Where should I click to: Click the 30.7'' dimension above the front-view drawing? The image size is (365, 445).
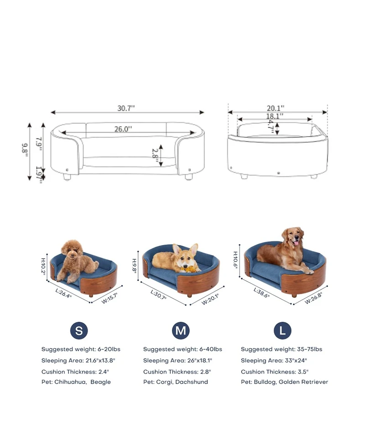pyautogui.click(x=126, y=108)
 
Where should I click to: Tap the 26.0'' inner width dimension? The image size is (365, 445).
pyautogui.click(x=123, y=129)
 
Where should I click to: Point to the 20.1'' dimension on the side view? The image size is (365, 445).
pyautogui.click(x=275, y=108)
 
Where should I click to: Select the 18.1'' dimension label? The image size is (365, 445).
pyautogui.click(x=275, y=116)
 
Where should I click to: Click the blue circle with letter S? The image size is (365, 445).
pyautogui.click(x=79, y=331)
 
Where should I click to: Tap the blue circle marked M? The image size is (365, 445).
pyautogui.click(x=181, y=331)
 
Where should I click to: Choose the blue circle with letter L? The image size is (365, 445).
pyautogui.click(x=282, y=331)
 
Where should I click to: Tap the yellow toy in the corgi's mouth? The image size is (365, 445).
pyautogui.click(x=191, y=268)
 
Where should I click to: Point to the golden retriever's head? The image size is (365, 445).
pyautogui.click(x=293, y=238)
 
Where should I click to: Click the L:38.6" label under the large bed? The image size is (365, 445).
pyautogui.click(x=261, y=293)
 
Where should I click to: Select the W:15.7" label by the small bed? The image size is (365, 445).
pyautogui.click(x=109, y=298)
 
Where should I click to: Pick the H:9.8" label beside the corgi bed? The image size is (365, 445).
pyautogui.click(x=135, y=266)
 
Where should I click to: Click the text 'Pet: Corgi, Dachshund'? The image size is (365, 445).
pyautogui.click(x=175, y=382)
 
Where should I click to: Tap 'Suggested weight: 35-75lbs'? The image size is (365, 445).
pyautogui.click(x=282, y=349)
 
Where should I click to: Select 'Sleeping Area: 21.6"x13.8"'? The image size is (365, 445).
pyautogui.click(x=78, y=361)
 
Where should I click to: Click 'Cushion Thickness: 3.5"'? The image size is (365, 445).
pyautogui.click(x=275, y=372)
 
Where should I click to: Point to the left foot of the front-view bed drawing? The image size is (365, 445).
pyautogui.click(x=67, y=177)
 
